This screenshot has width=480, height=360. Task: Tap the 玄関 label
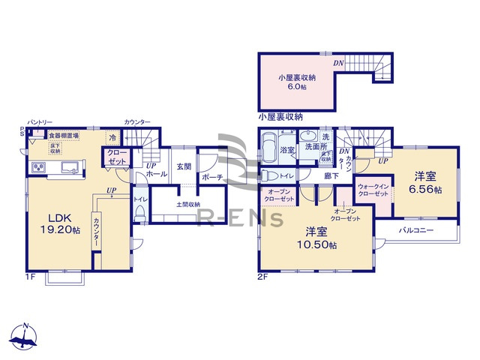click(x=184, y=166)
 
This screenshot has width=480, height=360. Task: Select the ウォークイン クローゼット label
click(x=373, y=190)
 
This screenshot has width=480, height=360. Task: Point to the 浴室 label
click(x=287, y=151)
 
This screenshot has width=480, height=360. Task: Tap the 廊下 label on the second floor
click(x=331, y=175)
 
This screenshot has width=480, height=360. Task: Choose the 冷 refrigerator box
click(x=112, y=138)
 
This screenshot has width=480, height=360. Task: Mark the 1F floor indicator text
click(x=31, y=277)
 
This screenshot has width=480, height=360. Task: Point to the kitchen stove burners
click(x=37, y=166)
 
